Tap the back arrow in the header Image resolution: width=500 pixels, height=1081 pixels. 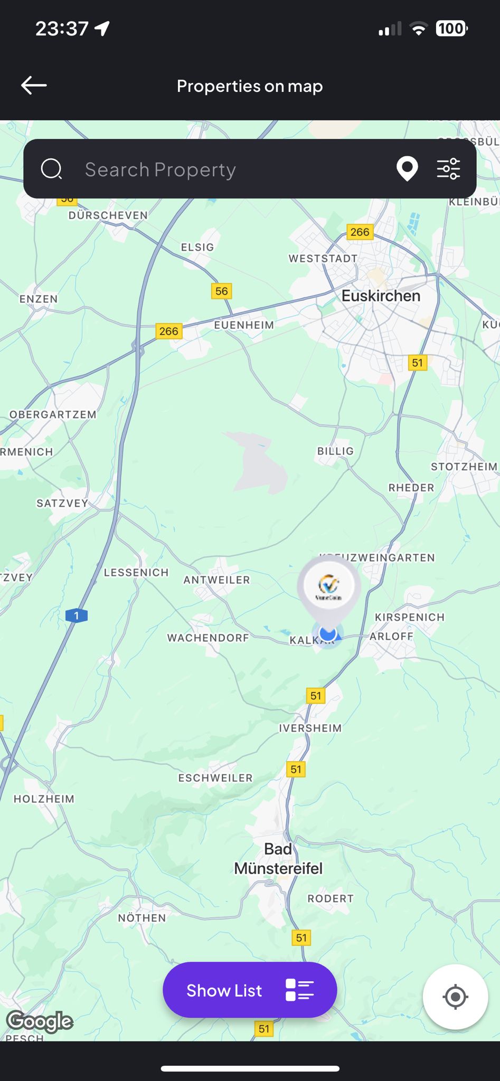[34, 86]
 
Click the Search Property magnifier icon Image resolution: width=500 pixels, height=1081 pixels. [52, 169]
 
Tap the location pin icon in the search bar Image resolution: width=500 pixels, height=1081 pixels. [407, 169]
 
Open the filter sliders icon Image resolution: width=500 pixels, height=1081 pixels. [448, 169]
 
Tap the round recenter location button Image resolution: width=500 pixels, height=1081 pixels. [455, 997]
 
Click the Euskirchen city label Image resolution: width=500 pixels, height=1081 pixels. [381, 296]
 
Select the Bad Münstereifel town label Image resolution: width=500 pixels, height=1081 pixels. [278, 859]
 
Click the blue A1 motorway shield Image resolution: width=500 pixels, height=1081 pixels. [77, 615]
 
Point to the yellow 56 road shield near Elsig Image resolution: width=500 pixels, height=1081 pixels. [222, 291]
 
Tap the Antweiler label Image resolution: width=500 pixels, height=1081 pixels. [216, 580]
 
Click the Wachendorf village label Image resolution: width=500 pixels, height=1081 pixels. [208, 638]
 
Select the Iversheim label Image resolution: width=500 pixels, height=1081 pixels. [310, 728]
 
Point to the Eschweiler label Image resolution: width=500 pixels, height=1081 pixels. [215, 778]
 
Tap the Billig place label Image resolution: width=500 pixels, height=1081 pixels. [335, 451]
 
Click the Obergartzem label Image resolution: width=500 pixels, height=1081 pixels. [53, 414]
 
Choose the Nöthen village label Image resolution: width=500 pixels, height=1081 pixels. [142, 918]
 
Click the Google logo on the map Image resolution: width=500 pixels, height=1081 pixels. [40, 1021]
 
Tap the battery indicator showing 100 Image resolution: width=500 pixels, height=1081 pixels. [451, 29]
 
